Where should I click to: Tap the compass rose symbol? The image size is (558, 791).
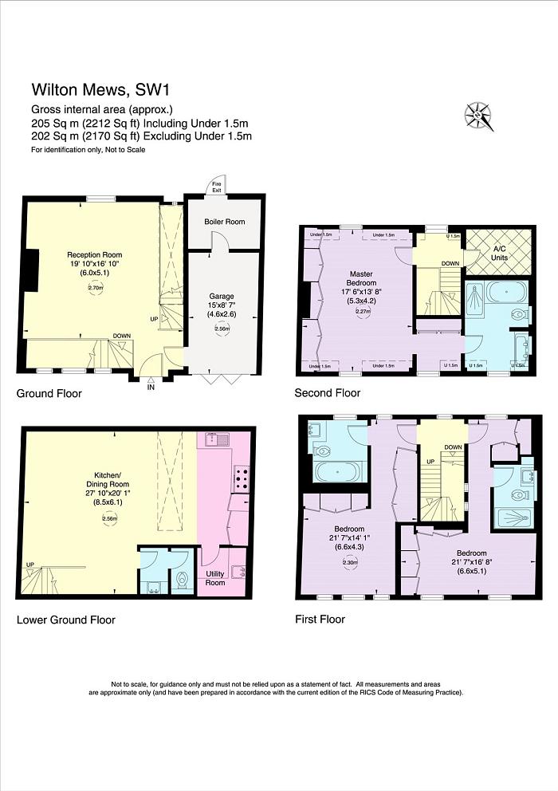point(479,116)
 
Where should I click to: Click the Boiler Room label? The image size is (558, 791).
point(224,222)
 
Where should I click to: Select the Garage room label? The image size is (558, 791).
point(222,296)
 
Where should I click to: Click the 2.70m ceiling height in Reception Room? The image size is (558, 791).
point(95,289)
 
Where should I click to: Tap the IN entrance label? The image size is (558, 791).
point(150,388)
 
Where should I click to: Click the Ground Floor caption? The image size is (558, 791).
point(49,394)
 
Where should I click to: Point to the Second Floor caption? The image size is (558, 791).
point(327,393)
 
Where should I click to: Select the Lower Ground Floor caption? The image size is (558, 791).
point(65,620)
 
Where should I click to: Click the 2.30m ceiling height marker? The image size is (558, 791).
point(348,562)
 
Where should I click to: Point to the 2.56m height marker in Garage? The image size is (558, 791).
point(222,329)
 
